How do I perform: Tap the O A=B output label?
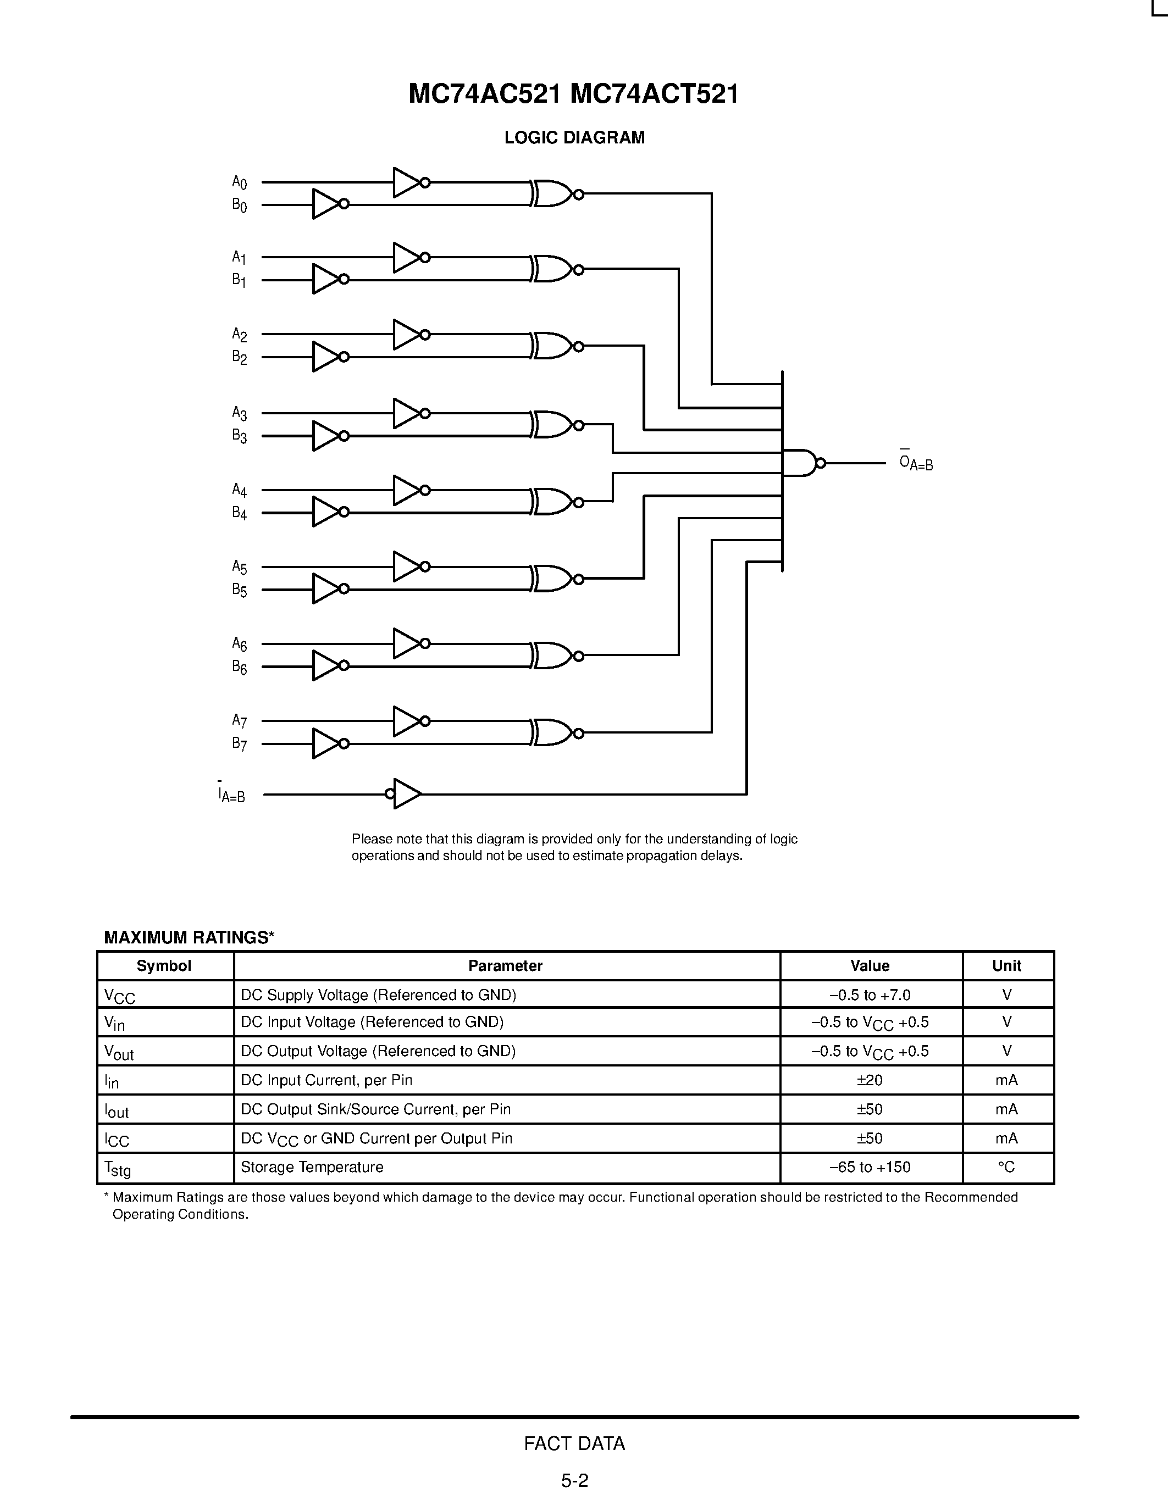point(916,462)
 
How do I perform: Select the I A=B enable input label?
point(232,795)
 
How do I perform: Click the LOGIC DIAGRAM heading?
point(574,138)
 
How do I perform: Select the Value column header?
point(870,966)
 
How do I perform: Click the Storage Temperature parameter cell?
point(312,1167)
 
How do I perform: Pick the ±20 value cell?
point(870,1080)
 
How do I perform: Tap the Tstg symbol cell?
point(118,1169)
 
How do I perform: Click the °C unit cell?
point(1007,1167)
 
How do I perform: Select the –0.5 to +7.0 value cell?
point(870,995)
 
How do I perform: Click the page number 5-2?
point(574,1481)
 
